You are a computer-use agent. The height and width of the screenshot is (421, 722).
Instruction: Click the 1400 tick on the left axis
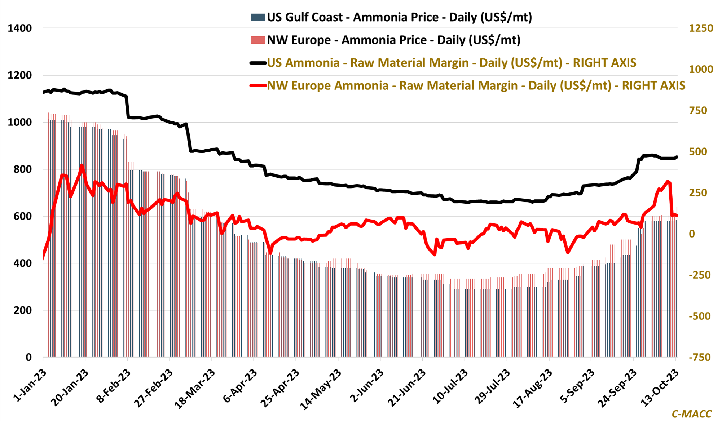[x=20, y=28]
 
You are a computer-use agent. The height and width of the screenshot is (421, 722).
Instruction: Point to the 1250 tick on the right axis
[x=701, y=28]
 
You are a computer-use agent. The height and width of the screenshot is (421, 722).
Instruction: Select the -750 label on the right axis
[x=700, y=357]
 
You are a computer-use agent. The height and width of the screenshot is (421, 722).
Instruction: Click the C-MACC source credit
[x=691, y=414]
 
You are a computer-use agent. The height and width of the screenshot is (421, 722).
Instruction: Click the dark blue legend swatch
[x=258, y=17]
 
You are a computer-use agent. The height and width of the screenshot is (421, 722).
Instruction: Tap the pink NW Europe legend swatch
[x=258, y=40]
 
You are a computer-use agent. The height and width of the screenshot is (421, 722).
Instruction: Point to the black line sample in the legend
[x=258, y=63]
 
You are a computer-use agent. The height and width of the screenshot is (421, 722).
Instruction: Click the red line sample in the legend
[x=258, y=86]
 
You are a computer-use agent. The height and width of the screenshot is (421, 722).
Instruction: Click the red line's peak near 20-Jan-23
[x=82, y=166]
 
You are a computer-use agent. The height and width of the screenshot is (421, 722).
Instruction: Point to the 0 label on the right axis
[x=692, y=234]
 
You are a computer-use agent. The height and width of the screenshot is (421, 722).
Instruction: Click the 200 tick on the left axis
[x=23, y=310]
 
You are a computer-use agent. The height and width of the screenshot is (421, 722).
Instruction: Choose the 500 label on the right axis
[x=698, y=152]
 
